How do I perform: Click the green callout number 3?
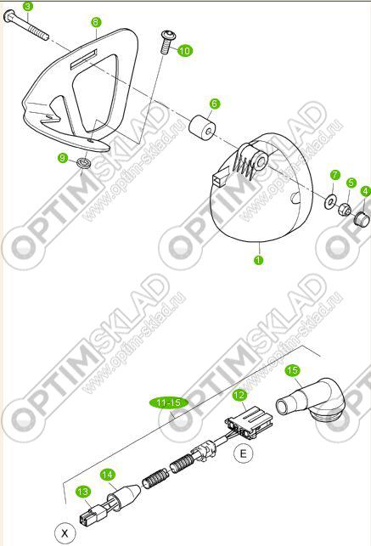coord(28,6)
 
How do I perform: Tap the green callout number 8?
coord(96,22)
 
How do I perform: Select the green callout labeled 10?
coord(185,50)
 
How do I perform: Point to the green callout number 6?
coord(215,104)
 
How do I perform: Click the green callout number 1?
coord(258,260)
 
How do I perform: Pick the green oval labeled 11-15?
coord(169,402)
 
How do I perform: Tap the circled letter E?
coord(243,453)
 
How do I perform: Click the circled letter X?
coord(65,532)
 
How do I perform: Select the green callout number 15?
coord(292,370)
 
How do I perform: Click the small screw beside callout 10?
coord(167,42)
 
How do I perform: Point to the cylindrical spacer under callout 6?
coord(202,127)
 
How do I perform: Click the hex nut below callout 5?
coord(345,209)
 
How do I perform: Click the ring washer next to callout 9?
coord(83,162)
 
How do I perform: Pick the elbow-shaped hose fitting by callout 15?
coord(312,401)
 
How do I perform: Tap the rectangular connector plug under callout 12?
coord(249,420)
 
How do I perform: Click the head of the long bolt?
coord(9,16)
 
